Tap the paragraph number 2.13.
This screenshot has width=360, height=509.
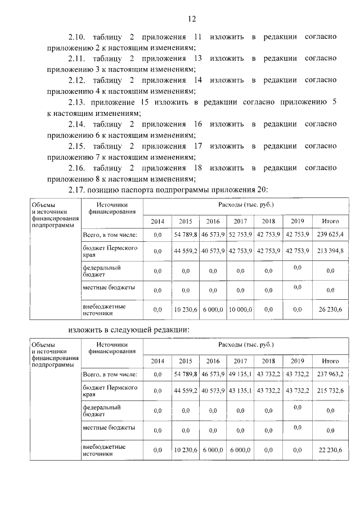(76, 102)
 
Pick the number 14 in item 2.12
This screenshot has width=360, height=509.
(197, 80)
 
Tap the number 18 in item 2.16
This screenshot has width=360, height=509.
(197, 168)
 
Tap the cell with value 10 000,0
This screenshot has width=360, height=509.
(240, 309)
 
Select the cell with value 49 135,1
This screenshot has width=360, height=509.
(240, 374)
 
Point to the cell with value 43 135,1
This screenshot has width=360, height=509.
(240, 391)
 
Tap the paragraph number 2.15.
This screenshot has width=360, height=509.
(76, 146)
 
